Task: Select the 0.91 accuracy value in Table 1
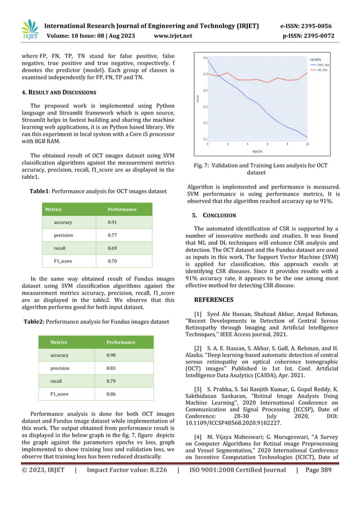pos(112,222)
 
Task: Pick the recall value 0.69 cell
pos(112,248)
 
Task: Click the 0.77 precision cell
pos(112,235)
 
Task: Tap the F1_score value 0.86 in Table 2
pos(112,393)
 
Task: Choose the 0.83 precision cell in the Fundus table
pos(112,368)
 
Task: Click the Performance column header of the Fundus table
pos(121,342)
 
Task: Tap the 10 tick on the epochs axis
pos(307,144)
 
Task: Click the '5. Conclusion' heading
pos(214,215)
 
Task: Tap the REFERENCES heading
pos(220,300)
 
